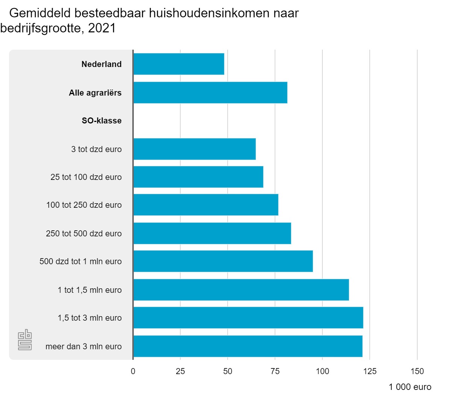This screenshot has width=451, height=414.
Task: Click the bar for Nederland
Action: coord(179,64)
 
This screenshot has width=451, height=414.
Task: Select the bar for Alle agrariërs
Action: coord(210,93)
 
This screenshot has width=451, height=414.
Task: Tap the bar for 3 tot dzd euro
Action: coord(195,149)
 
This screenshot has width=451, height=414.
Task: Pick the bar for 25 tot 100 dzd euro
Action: coord(198,177)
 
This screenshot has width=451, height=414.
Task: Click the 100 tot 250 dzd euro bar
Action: coord(206,205)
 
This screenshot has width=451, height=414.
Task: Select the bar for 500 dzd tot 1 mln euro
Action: coord(223,261)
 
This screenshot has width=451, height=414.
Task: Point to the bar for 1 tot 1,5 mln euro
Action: coord(241,290)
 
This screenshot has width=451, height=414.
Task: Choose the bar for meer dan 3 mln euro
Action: coord(248,346)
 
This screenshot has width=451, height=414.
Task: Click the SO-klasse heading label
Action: coord(102,121)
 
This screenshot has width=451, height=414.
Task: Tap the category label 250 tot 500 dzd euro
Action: coord(84,234)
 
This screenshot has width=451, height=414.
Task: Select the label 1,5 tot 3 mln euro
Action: coord(90,318)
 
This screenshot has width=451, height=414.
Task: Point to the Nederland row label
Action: coord(101,64)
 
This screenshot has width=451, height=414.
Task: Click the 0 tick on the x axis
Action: coord(133,371)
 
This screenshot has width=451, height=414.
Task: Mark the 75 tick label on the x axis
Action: coord(275,371)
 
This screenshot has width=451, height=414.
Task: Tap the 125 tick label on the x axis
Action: coord(370,371)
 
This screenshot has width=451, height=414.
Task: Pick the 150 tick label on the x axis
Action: coord(417,371)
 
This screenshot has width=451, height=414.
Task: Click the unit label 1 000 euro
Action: coord(410,387)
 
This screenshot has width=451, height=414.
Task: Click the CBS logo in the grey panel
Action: coord(25,340)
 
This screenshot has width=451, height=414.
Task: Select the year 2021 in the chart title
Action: coord(102,29)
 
